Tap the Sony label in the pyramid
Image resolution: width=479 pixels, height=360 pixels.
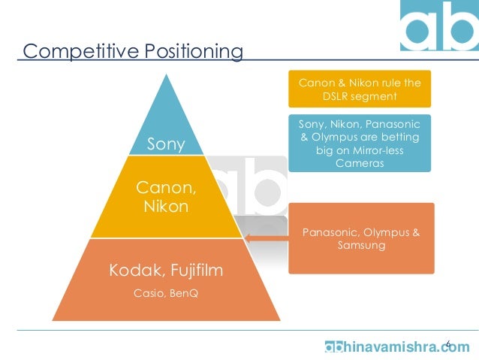pos(165,144)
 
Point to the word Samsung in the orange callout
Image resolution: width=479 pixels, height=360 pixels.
pos(362,246)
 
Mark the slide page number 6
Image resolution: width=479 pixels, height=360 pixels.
pos(448,344)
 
